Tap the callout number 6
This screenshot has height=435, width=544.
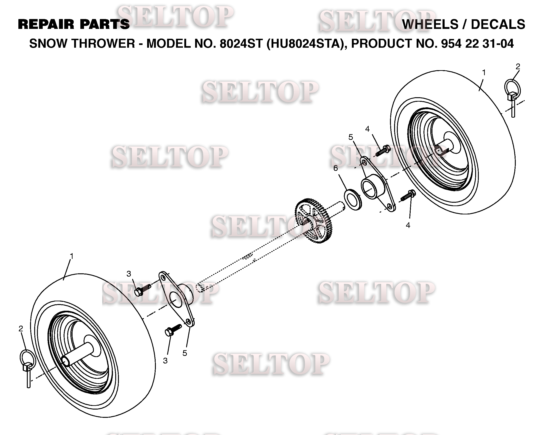coord(336,168)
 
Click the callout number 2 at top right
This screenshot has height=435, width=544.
coord(518,67)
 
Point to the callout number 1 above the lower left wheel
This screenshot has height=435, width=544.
coord(72,256)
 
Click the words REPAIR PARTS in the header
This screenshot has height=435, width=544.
coord(74,25)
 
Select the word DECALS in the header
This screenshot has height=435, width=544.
coord(498,25)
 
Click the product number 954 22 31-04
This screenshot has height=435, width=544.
coord(477,44)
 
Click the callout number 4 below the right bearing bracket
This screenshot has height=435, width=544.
coord(408,225)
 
